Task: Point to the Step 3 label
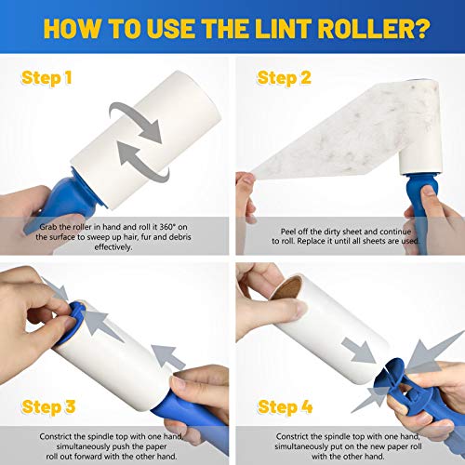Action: [44, 406]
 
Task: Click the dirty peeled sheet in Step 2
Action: [307, 149]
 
